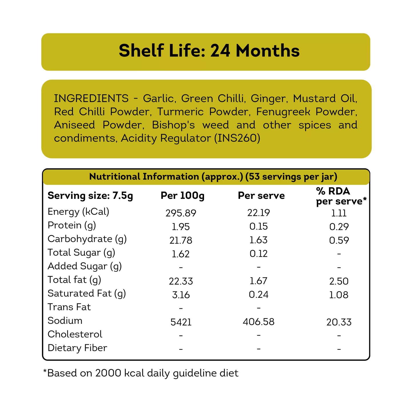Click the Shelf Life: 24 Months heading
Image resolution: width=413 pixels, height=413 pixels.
tap(209, 51)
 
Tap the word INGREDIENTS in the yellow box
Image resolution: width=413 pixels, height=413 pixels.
tap(91, 98)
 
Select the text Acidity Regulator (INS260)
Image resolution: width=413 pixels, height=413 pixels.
tap(190, 138)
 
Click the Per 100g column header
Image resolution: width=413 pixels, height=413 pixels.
tap(182, 195)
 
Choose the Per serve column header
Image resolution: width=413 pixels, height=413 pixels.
tap(261, 195)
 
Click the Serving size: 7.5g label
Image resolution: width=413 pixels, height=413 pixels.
tap(90, 196)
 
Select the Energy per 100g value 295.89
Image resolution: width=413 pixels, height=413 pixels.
tap(181, 213)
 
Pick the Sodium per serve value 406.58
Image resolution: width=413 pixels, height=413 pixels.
tap(258, 322)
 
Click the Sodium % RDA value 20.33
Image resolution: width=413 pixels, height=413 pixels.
tap(339, 322)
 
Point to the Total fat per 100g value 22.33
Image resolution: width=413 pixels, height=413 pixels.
tap(181, 281)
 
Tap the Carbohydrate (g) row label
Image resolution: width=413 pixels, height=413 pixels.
tap(87, 239)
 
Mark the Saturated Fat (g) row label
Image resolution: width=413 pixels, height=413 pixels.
tap(87, 294)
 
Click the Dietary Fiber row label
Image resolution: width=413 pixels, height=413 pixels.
tap(77, 348)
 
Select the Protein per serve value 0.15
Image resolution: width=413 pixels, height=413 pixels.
tap(258, 226)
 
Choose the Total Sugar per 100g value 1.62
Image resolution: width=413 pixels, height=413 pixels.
tap(181, 254)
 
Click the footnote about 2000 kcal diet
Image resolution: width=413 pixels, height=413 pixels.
tap(141, 373)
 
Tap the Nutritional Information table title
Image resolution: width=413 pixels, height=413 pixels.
tap(213, 177)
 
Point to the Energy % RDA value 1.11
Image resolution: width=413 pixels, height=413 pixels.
tap(339, 213)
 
